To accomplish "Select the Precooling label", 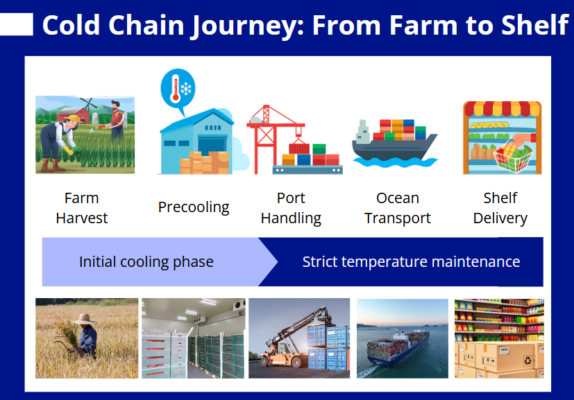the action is click(194, 207).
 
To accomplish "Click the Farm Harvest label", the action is click(82, 208).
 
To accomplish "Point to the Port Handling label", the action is click(291, 208).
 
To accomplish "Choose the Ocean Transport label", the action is click(398, 208).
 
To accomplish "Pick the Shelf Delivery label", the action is click(500, 208).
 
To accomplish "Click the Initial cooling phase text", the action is click(146, 262).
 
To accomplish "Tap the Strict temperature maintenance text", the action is click(411, 262).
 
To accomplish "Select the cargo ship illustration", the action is click(395, 144).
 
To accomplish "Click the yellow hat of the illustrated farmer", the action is click(73, 119).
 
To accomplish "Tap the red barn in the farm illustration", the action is click(72, 115).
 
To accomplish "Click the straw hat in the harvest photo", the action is click(85, 319).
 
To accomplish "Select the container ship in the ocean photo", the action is click(398, 347).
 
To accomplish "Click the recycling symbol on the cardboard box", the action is click(527, 360).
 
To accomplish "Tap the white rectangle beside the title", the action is click(17, 24).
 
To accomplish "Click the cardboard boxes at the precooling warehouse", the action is click(204, 162).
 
